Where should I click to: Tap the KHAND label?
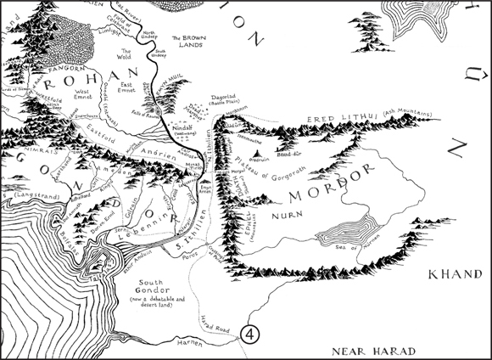click(454, 275)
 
